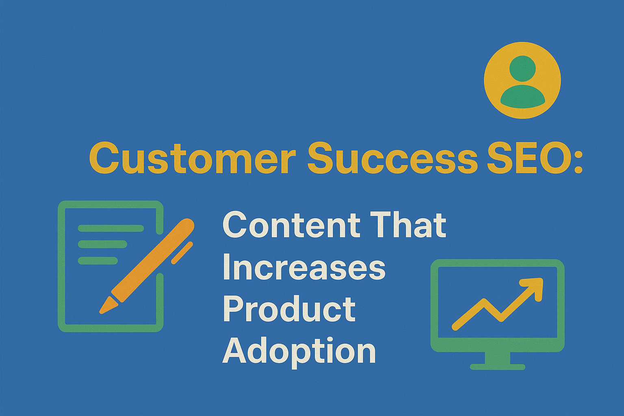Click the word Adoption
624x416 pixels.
[x=299, y=352]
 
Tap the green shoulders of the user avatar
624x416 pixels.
[x=522, y=97]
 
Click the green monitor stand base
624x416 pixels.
[x=498, y=366]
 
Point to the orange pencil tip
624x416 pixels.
[x=104, y=308]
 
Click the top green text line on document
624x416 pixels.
[x=110, y=228]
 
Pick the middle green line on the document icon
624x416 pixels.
[x=102, y=244]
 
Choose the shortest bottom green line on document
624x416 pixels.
[x=97, y=260]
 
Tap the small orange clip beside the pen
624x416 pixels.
[x=182, y=253]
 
